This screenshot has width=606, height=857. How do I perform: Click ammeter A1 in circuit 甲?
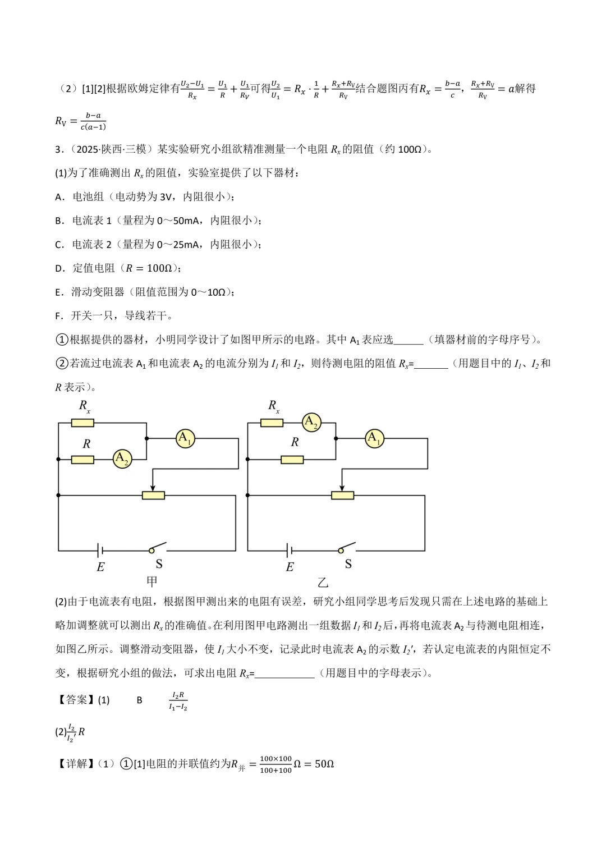tap(185, 438)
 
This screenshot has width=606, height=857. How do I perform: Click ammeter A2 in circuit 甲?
tap(122, 459)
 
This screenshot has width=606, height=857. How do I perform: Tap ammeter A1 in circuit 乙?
tap(374, 438)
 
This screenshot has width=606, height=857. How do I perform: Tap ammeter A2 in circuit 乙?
tap(311, 422)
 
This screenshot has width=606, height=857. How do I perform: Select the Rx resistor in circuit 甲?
tap(82, 423)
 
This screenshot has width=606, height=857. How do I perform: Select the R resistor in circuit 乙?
tap(292, 460)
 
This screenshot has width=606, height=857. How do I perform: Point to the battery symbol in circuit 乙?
tap(289, 550)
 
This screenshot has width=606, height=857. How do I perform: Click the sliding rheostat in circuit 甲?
tap(153, 495)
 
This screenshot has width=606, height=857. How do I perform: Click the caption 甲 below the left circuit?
tap(152, 581)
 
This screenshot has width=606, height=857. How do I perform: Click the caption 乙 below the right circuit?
tap(323, 582)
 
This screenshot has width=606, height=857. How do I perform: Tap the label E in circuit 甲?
tap(100, 567)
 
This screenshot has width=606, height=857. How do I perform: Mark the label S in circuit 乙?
tap(348, 564)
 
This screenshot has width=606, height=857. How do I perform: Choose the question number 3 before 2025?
tap(58, 149)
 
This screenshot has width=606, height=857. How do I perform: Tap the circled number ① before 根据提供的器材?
tap(61, 340)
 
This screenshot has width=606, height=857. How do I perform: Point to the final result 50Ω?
tap(323, 764)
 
